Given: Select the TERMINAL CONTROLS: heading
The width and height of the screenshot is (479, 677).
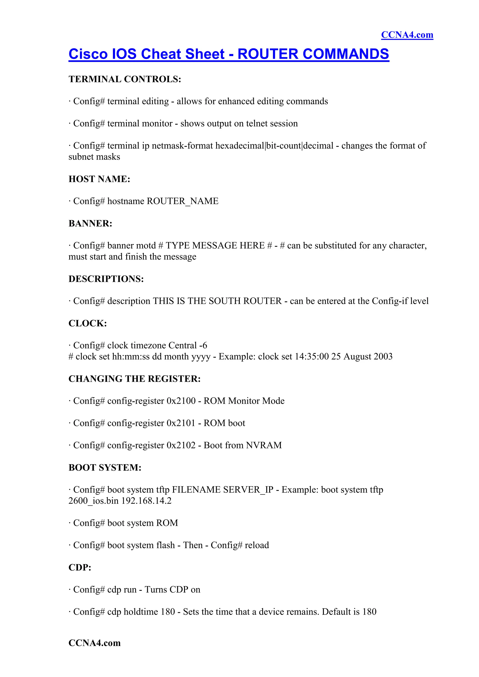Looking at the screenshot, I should tap(125, 79).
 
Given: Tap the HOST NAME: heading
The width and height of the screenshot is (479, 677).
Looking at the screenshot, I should tap(99, 179).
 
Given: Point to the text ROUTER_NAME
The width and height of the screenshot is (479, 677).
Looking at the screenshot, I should tap(183, 201).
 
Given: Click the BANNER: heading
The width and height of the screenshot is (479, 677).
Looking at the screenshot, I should tap(90, 223).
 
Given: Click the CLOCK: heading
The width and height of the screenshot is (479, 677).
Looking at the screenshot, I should tap(88, 323).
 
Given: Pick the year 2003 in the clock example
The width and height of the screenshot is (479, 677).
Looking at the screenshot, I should tap(383, 357).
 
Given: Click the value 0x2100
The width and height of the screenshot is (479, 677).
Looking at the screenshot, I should tap(181, 401).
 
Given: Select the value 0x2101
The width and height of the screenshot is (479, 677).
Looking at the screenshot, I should tap(181, 423).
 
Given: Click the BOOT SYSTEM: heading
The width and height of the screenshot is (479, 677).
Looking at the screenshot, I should tap(105, 467).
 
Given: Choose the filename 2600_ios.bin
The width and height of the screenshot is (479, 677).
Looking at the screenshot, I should tap(94, 501).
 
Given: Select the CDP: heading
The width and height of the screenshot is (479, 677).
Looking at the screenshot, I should tap(80, 567).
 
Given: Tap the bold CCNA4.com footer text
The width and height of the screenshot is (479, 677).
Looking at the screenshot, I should tap(94, 643).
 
